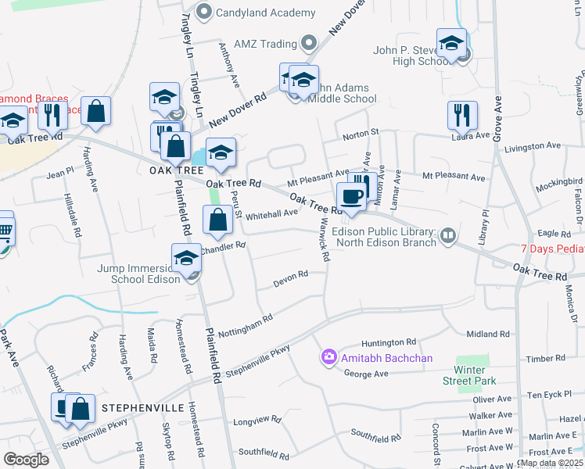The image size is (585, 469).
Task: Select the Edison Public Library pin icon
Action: pyautogui.click(x=447, y=235)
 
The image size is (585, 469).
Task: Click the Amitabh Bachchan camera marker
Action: pyautogui.click(x=328, y=358)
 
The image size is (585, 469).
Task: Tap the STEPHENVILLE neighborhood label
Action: pyautogui.click(x=142, y=408)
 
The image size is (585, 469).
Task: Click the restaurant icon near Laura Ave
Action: pyautogui.click(x=462, y=116)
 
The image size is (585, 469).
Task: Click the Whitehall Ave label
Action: pyautogui.click(x=271, y=213)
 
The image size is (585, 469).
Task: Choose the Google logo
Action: pyautogui.click(x=26, y=459)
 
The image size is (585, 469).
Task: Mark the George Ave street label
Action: pyautogui.click(x=366, y=374)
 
